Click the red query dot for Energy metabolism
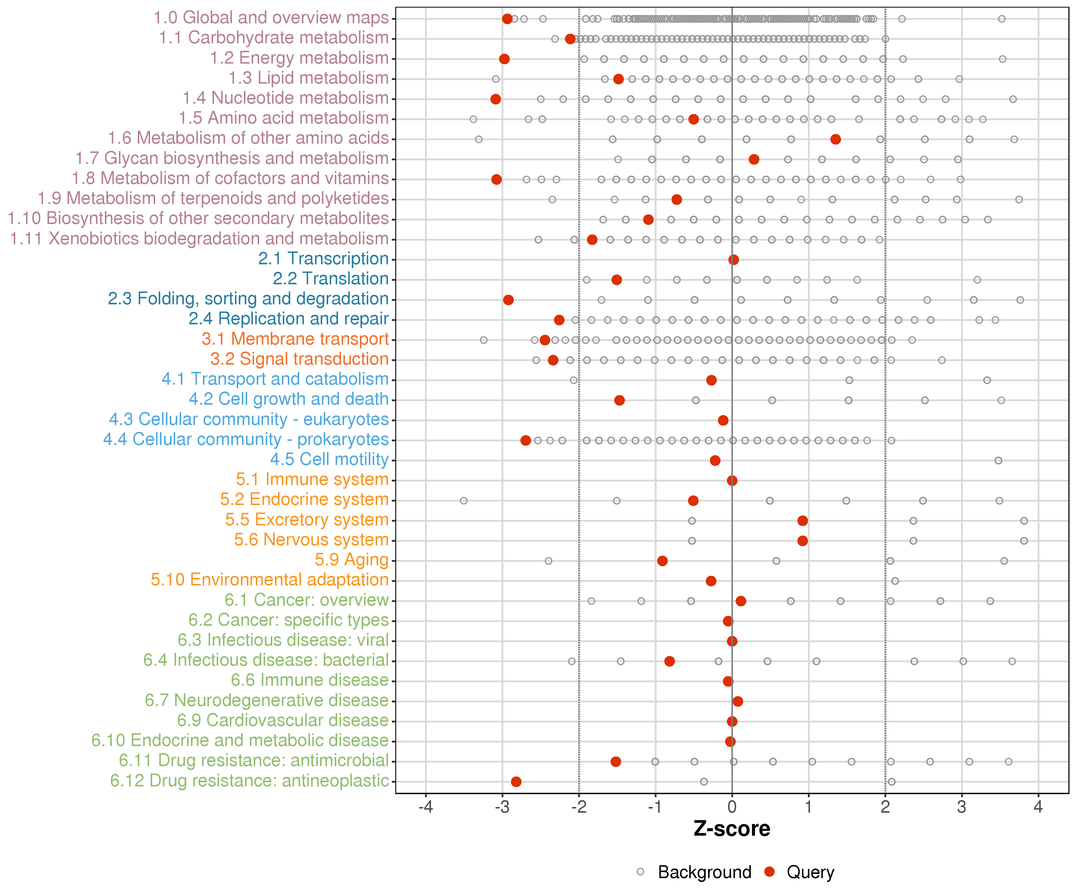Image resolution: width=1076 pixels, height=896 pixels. pyautogui.click(x=504, y=59)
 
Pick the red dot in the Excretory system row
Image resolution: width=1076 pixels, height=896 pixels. pyautogui.click(x=803, y=521)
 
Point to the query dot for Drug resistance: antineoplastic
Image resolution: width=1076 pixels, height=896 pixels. pyautogui.click(x=516, y=782)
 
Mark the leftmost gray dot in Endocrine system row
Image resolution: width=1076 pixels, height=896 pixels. pyautogui.click(x=464, y=501)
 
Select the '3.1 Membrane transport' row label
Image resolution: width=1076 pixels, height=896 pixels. pyautogui.click(x=295, y=339)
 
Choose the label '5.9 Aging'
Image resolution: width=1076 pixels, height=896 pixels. pyautogui.click(x=351, y=560)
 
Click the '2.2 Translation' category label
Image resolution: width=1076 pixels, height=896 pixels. pyautogui.click(x=331, y=279)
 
